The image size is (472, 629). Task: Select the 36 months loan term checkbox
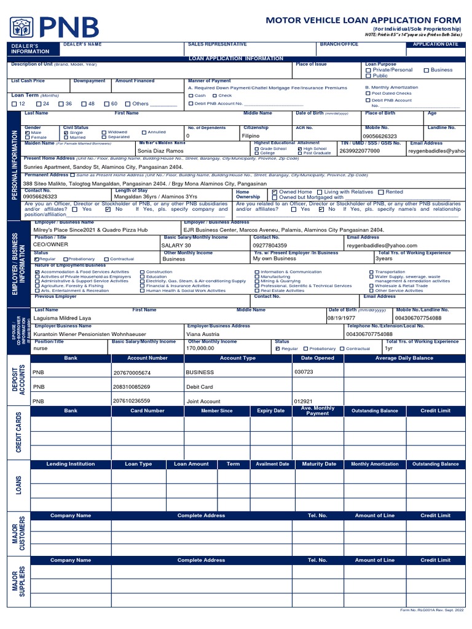coord(61,104)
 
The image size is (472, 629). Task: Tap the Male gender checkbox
coord(27,133)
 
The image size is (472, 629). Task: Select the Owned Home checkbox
coord(274,192)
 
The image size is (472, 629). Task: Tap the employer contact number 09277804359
coord(270,245)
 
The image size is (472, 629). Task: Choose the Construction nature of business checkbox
coord(143,272)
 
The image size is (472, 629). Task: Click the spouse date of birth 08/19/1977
coord(341,318)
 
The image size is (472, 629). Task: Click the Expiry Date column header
coord(270,410)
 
